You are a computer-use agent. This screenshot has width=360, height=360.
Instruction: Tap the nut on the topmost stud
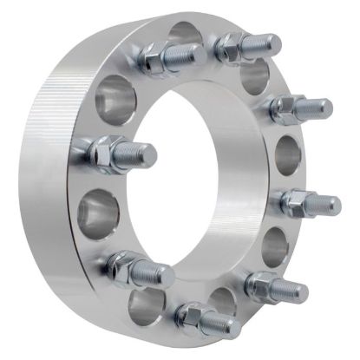tap(229, 43)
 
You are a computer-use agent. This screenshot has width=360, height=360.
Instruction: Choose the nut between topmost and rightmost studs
tap(286, 108)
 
